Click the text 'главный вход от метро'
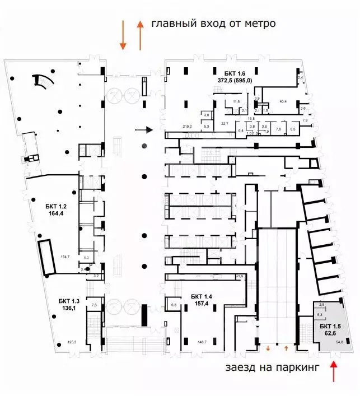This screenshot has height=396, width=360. (213, 24)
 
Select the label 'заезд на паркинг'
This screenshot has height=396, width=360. (272, 368)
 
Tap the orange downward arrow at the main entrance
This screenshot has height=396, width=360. (123, 35)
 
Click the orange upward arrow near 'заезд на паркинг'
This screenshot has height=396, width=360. (335, 371)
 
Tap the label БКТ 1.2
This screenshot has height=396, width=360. (57, 206)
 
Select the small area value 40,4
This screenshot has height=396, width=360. (283, 101)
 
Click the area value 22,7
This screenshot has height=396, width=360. (225, 124)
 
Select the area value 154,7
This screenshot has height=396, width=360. (66, 257)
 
